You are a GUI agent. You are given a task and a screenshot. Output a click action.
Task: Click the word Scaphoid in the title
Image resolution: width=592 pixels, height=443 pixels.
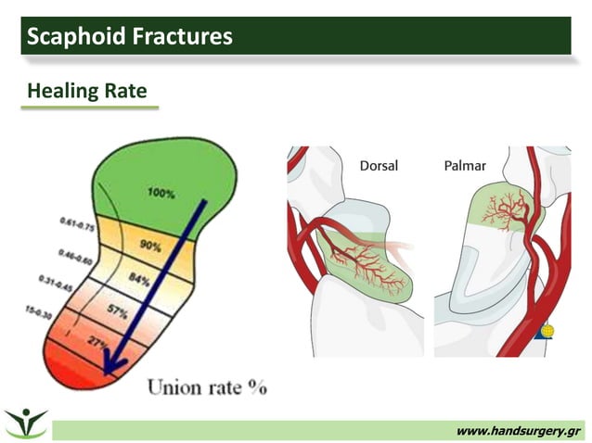[x=73, y=37]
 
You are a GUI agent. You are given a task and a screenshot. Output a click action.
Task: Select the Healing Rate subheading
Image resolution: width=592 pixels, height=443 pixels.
[x=86, y=92]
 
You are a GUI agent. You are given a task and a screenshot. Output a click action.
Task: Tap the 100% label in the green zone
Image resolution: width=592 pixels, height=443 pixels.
[x=162, y=193]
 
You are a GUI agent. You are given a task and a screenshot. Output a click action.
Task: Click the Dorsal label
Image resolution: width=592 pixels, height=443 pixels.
[x=379, y=166]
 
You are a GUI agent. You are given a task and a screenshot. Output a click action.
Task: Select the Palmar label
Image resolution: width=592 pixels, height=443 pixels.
[x=464, y=166]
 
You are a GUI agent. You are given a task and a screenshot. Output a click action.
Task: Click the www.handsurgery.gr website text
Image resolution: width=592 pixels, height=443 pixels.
[x=519, y=430]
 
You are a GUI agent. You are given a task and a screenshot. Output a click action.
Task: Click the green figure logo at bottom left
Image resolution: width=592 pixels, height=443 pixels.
[x=25, y=421]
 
